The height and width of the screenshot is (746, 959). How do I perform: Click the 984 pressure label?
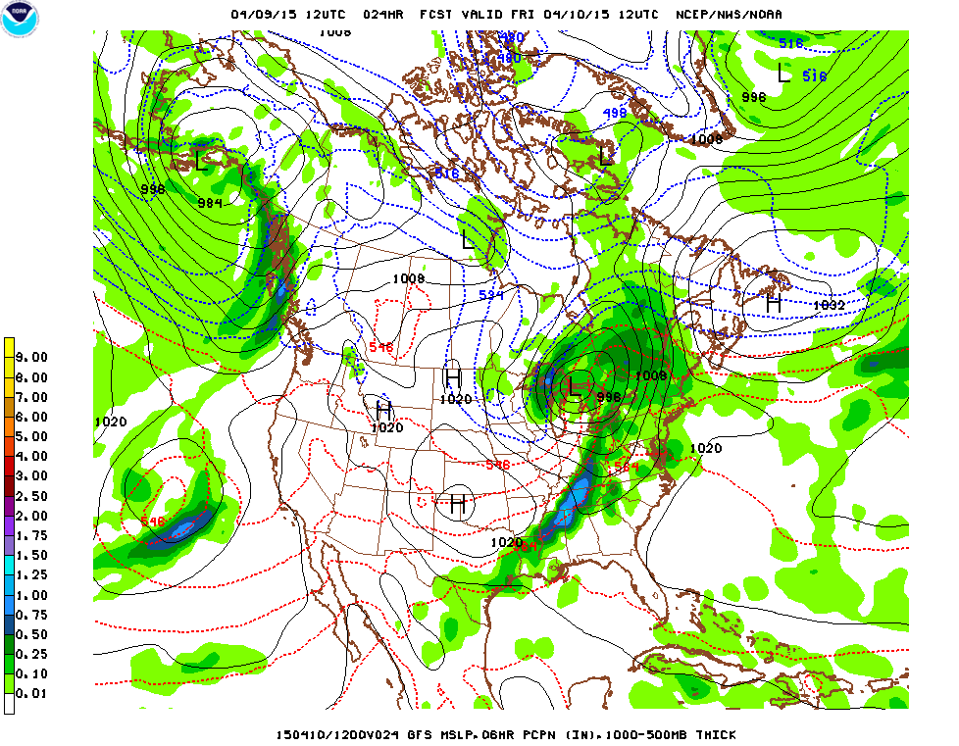coord(210,203)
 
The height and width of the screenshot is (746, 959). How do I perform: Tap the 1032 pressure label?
coord(829,305)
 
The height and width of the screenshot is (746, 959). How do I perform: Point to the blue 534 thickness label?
coord(491,295)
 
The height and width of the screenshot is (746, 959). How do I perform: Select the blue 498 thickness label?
coord(614,114)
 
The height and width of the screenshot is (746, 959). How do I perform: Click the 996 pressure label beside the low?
coord(608,396)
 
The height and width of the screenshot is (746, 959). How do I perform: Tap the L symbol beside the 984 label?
coord(201,159)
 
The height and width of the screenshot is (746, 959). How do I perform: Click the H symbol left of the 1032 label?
coord(774,304)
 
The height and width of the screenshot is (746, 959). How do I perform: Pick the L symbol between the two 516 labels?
coord(783,73)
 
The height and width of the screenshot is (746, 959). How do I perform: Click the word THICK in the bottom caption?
coord(713,734)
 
